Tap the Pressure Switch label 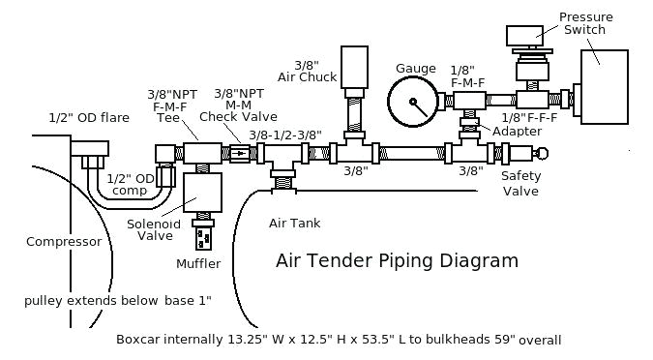point(584,22)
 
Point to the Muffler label point(198,263)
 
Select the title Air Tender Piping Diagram point(397,260)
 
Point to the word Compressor point(64,242)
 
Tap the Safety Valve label point(520,183)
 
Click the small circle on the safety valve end point(542,153)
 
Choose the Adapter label point(517,132)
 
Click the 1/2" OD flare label point(89,118)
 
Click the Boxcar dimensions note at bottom point(338,340)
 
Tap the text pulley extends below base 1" point(117,301)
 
